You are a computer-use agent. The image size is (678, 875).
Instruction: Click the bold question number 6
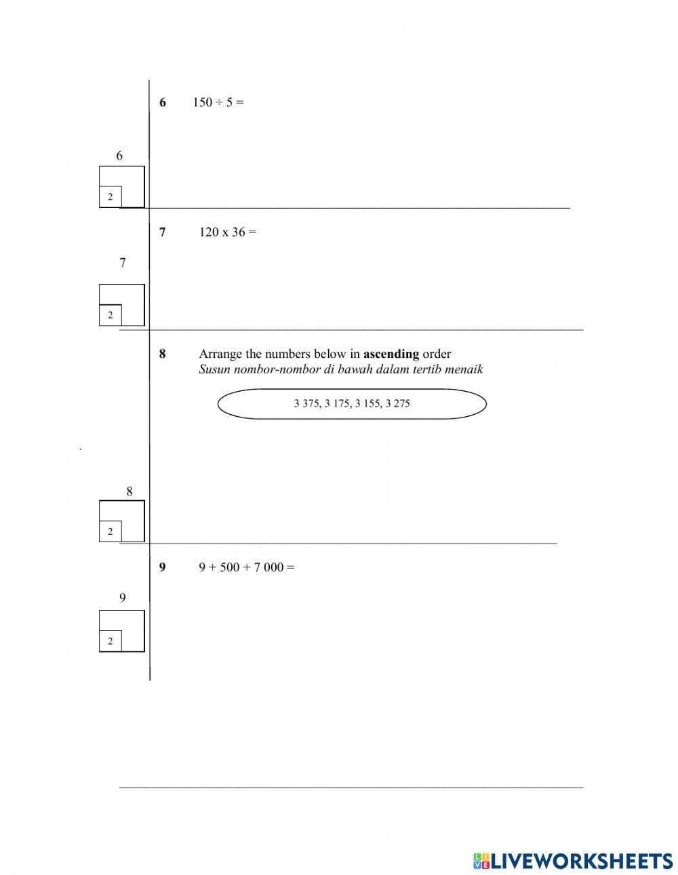click(x=163, y=103)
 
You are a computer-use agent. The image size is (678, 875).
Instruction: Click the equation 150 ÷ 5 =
click(x=218, y=102)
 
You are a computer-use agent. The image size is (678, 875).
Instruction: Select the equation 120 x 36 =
click(x=228, y=232)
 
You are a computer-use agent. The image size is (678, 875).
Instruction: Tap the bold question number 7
click(x=163, y=232)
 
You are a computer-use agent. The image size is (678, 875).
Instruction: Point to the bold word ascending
click(x=391, y=354)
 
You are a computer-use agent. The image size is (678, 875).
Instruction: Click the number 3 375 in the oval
click(x=306, y=404)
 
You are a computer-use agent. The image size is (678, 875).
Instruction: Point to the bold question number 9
click(x=163, y=567)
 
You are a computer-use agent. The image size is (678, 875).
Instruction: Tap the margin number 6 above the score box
click(x=119, y=156)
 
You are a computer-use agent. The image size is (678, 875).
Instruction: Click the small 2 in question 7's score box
click(x=111, y=315)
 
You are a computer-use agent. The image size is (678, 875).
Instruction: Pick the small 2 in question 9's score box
click(x=111, y=641)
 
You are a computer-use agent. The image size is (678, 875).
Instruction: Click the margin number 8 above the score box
click(x=129, y=491)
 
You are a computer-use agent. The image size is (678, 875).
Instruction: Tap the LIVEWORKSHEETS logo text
click(x=581, y=861)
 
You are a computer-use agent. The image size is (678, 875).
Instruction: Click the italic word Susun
click(x=214, y=369)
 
